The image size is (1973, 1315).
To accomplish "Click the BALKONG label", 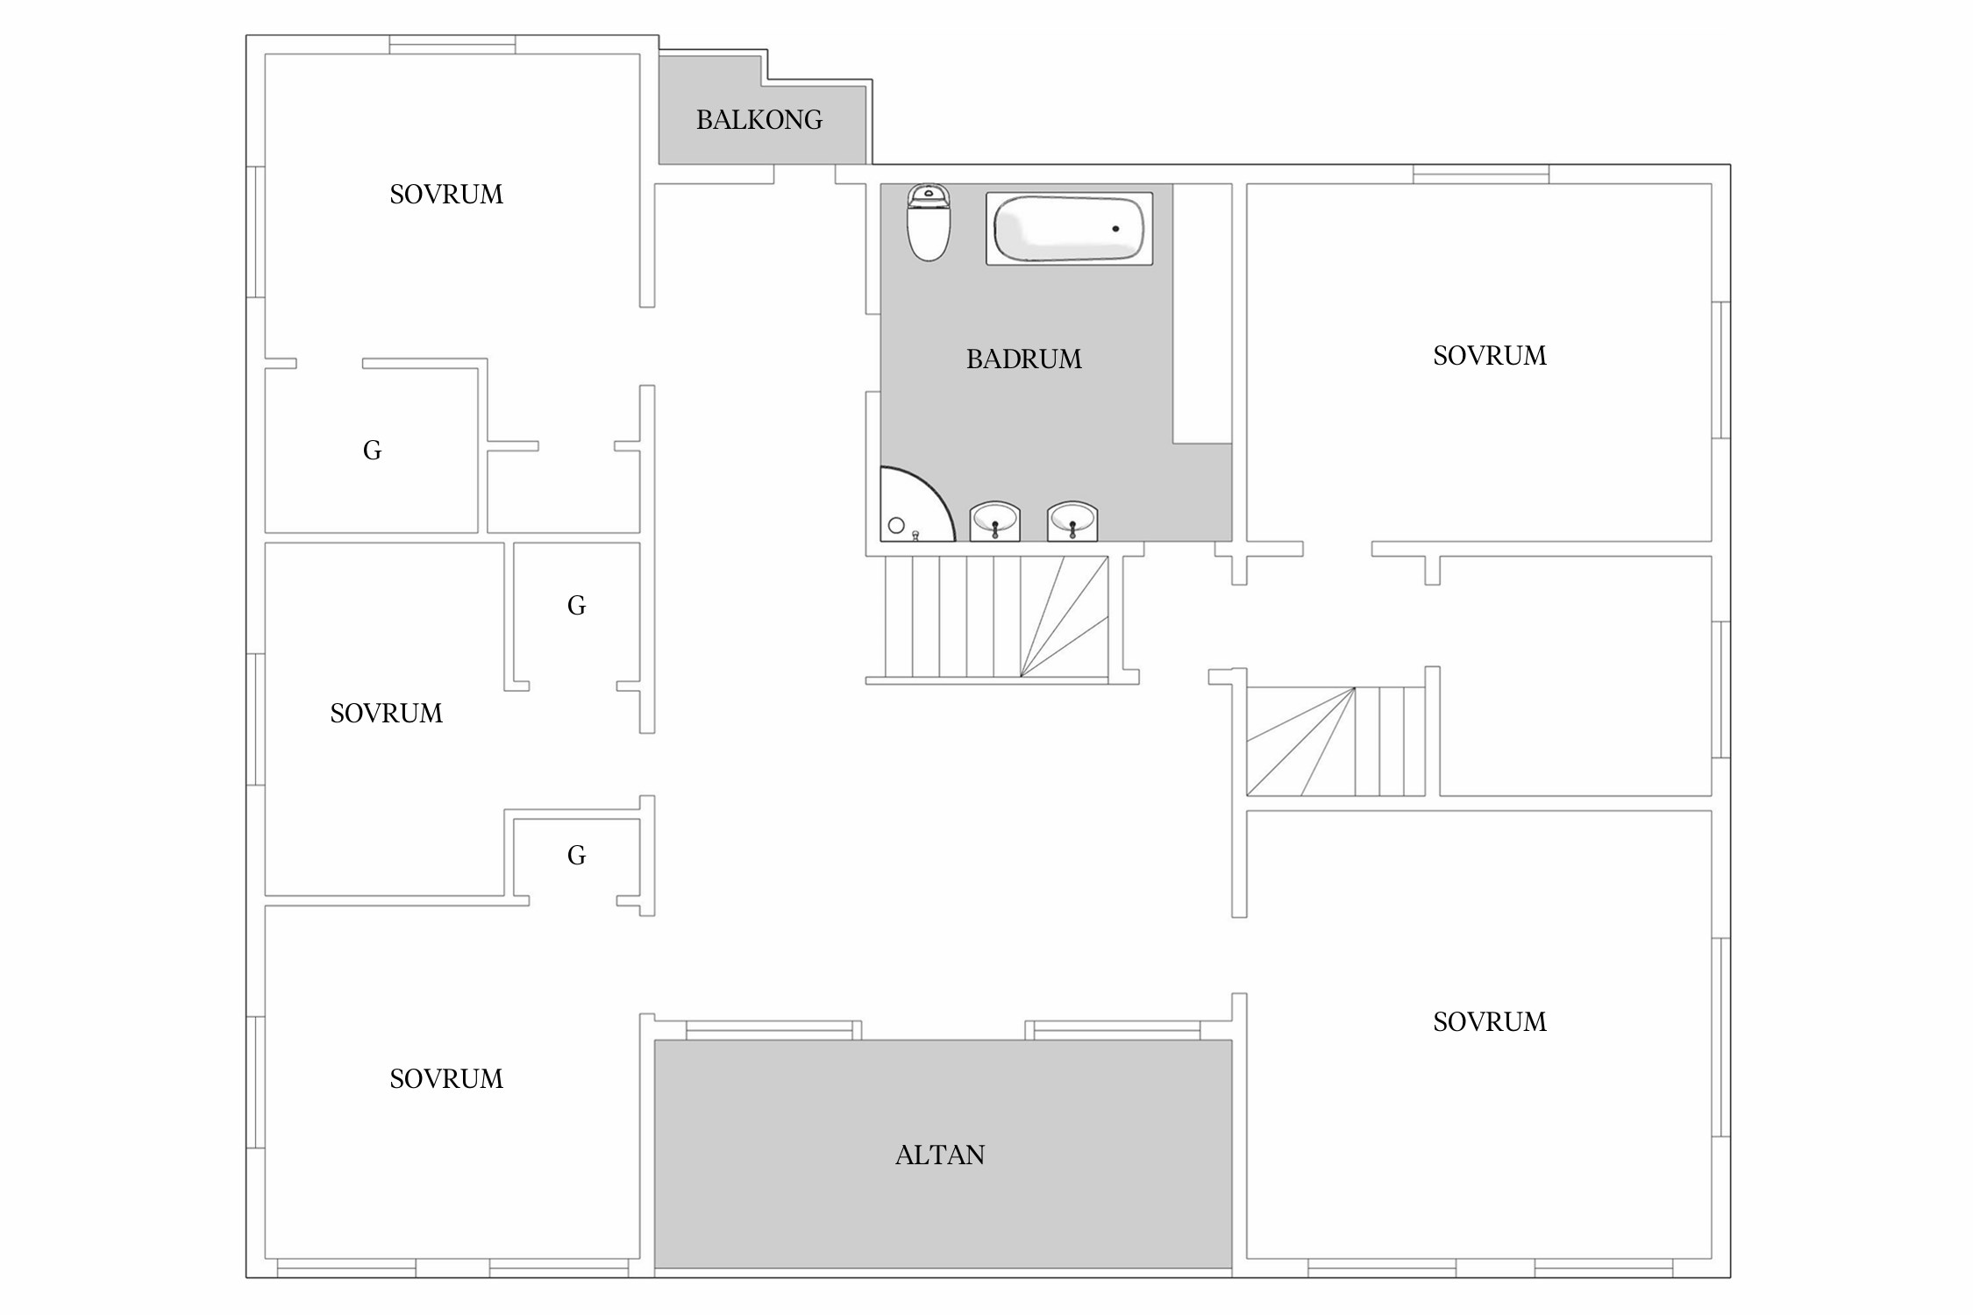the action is tap(759, 120).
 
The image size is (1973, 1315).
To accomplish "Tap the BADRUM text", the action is tap(1023, 359).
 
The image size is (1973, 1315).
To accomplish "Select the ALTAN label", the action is tap(940, 1155).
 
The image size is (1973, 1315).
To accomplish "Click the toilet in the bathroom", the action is tap(929, 223).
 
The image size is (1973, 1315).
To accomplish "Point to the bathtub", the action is tap(1069, 228).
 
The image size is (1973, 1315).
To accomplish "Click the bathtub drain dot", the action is tap(1115, 229).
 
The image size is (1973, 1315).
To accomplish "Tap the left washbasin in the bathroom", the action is tap(994, 521).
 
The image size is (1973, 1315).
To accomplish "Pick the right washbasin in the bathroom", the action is tap(1072, 521).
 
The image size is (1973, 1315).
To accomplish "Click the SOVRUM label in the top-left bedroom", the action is tap(446, 195).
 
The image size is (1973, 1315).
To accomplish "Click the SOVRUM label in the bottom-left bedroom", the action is tap(446, 1079).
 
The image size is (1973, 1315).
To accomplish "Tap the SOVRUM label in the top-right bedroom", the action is tap(1490, 356).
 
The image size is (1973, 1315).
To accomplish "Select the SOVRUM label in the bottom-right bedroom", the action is tap(1490, 1022).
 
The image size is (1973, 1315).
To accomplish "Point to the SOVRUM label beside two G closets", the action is tap(387, 714).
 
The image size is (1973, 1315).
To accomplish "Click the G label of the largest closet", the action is tap(372, 451).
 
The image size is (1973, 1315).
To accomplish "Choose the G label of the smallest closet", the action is tap(576, 856).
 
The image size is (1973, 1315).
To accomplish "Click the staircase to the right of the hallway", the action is tap(1336, 742).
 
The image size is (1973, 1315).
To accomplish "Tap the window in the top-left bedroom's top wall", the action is tap(452, 45).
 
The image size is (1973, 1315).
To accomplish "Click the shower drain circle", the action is tap(896, 526).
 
